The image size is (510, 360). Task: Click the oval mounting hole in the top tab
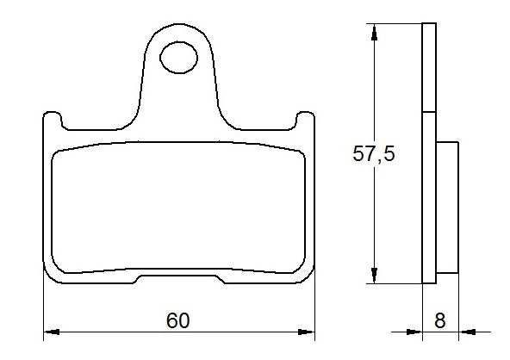click(180, 58)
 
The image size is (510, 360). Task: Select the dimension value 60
click(178, 320)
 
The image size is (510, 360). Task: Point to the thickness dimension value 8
click(439, 320)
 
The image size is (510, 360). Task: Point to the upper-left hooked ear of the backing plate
click(53, 118)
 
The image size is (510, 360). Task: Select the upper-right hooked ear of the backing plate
click(304, 118)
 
